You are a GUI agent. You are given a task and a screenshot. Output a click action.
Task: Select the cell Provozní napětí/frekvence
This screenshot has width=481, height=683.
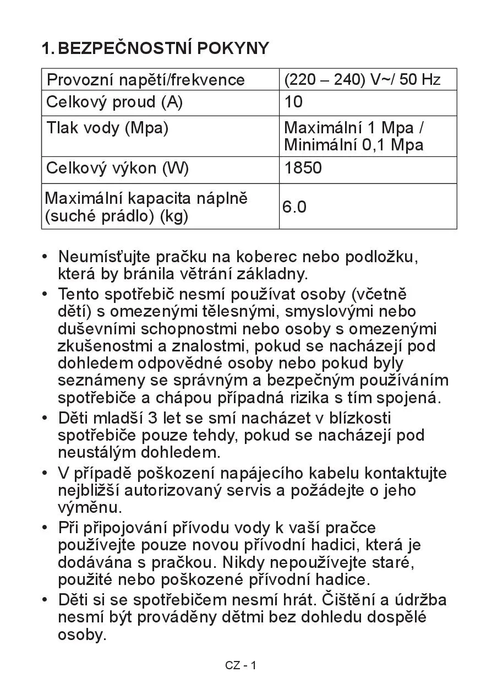(145, 80)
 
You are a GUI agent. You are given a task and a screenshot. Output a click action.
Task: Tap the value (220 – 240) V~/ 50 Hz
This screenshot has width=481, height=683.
(362, 80)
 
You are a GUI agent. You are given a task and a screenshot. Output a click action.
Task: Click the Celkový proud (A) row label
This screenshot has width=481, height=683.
(114, 102)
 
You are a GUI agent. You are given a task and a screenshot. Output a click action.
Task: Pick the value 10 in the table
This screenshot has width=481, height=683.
(293, 102)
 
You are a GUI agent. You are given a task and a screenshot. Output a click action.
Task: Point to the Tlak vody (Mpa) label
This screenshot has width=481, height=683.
(107, 128)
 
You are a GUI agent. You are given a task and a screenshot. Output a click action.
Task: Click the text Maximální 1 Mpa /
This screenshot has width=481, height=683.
(354, 128)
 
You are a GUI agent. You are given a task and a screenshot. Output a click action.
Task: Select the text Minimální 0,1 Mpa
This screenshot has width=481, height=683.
(353, 145)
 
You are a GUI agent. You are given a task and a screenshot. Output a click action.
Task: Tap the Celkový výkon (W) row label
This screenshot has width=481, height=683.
(117, 169)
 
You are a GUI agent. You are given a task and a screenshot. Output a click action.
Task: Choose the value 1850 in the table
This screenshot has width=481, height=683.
(303, 169)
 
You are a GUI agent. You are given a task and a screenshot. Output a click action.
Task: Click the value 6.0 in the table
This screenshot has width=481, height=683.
(294, 207)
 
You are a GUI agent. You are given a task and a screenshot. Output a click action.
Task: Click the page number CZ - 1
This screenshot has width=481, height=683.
(240, 665)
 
